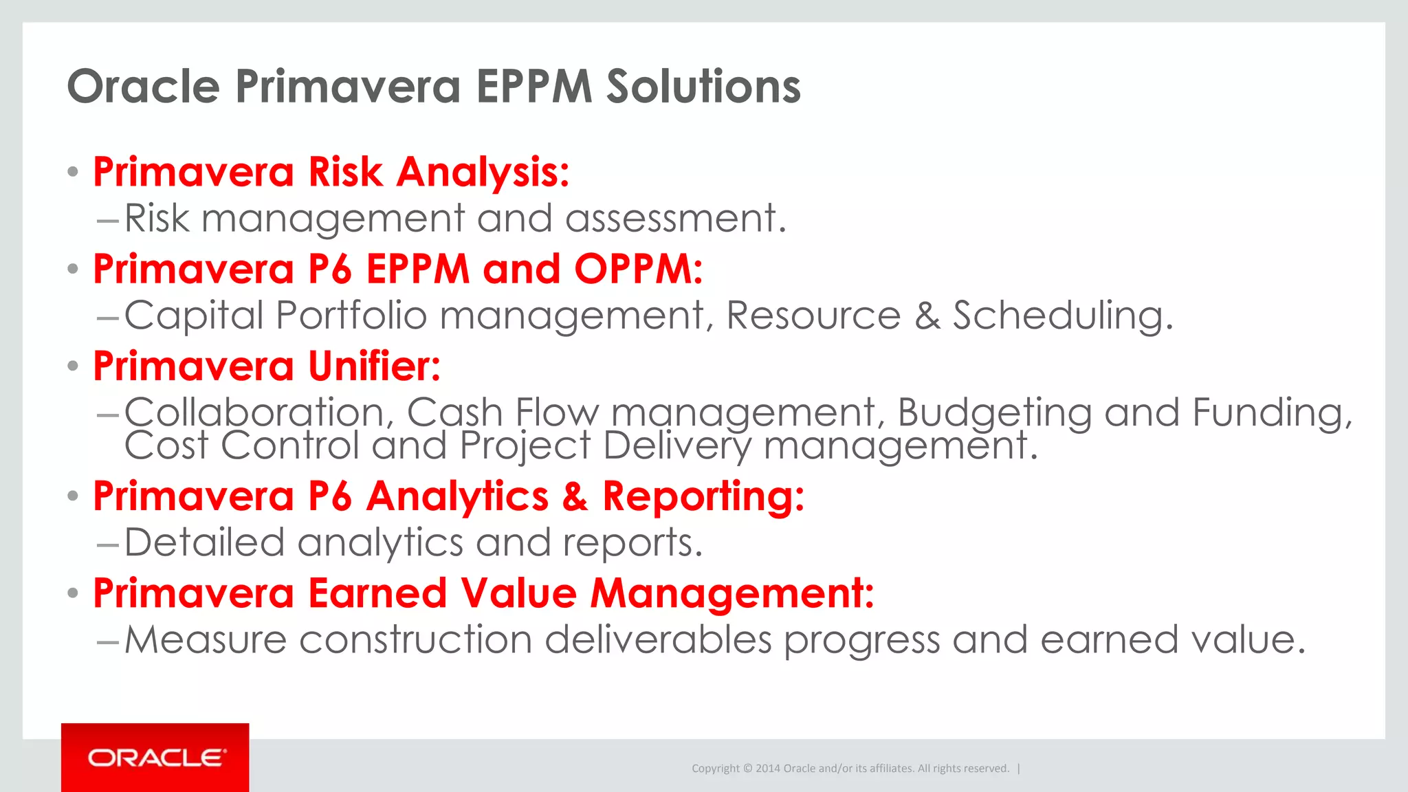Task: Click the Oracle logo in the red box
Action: (156, 758)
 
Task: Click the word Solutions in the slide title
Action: (703, 87)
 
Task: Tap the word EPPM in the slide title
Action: (533, 87)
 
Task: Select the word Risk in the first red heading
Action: (345, 172)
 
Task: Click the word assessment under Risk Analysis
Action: (675, 219)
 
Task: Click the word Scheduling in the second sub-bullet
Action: (1062, 316)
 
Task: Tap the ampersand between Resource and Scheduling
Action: (927, 316)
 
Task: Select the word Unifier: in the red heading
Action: (374, 366)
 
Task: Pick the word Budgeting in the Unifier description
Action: (994, 412)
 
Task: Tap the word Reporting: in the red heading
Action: (703, 496)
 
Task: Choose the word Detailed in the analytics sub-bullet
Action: (204, 543)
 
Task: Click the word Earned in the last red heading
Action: (377, 593)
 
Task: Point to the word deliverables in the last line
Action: (658, 641)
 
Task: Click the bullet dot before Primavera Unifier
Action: (73, 366)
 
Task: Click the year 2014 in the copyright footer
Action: (767, 769)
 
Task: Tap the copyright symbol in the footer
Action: (748, 769)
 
